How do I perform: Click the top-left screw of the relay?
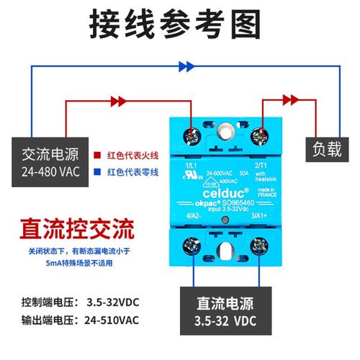tap(193, 135)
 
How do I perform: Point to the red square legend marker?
tap(97, 154)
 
